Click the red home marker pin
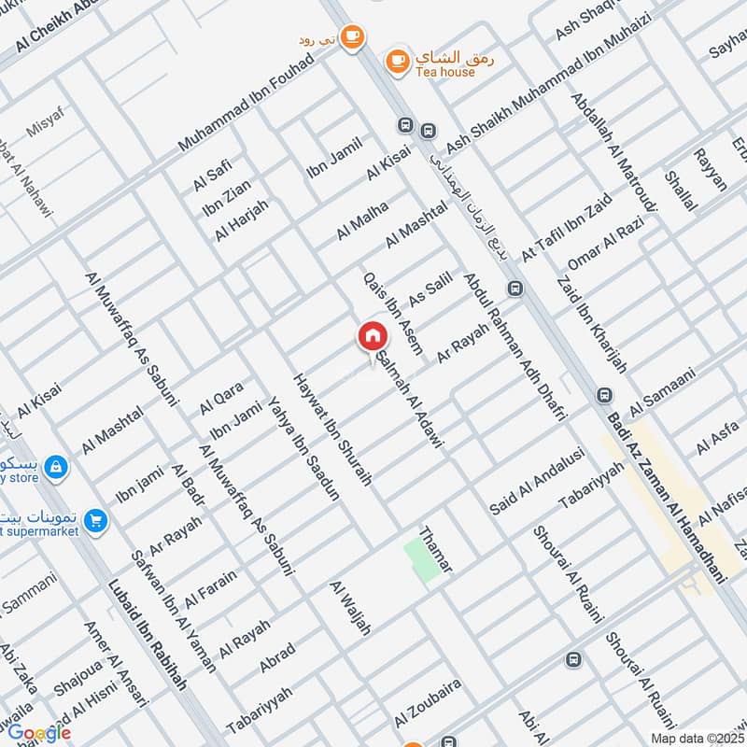[371, 336]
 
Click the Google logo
[39, 733]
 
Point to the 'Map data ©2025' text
[698, 738]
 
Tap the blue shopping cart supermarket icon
[94, 521]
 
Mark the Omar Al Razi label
[606, 244]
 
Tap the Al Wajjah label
[350, 608]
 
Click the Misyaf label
[45, 124]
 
